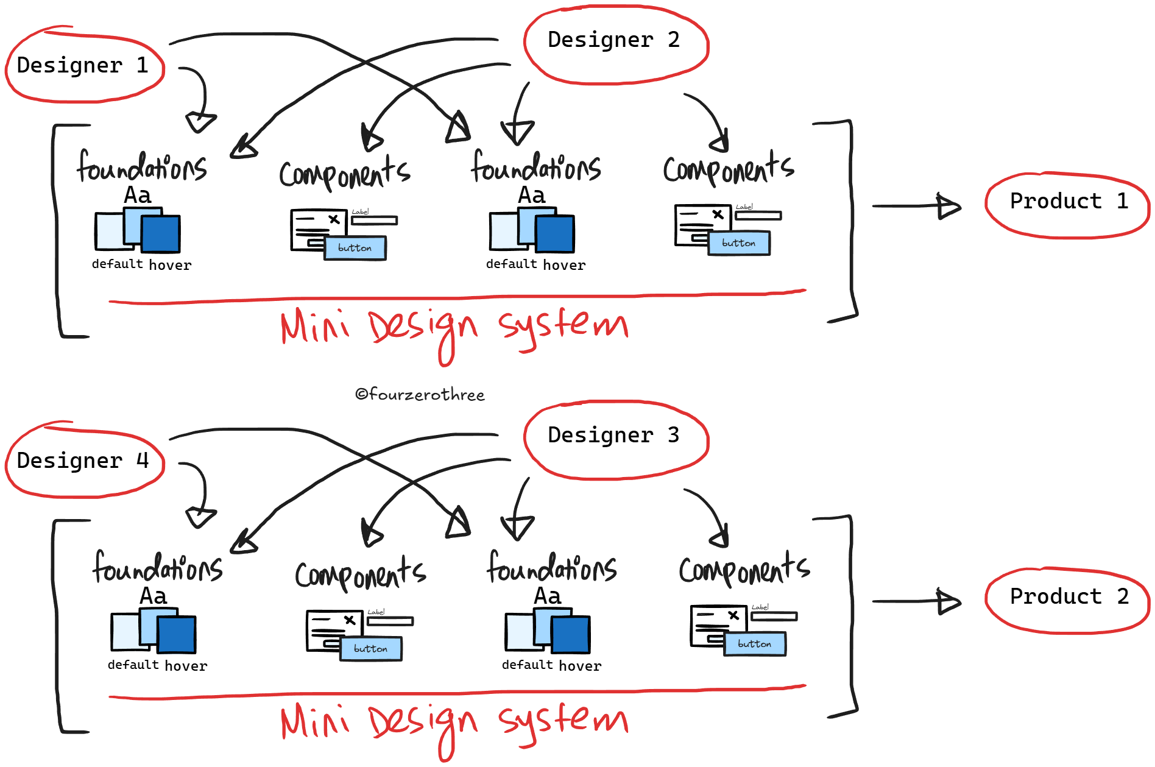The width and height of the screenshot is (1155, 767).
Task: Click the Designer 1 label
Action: coord(82,65)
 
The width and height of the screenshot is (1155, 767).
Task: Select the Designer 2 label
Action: coord(613,40)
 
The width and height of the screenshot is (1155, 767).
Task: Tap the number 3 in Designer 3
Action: coord(673,435)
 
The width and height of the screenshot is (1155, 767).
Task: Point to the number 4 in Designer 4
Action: coord(143,461)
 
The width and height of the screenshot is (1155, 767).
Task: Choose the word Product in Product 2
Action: coord(1056,596)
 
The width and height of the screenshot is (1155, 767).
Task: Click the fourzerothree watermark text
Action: coord(426,395)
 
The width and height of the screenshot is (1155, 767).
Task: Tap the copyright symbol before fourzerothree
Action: coord(361,395)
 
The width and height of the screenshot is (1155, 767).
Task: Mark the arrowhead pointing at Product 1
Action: coord(948,206)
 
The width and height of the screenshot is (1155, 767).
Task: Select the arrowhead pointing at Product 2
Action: coord(948,601)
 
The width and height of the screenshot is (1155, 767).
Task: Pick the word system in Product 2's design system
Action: coord(563,721)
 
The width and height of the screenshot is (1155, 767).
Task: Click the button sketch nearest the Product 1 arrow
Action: coord(739,243)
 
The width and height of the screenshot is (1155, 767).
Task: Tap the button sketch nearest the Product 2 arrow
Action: coord(755,644)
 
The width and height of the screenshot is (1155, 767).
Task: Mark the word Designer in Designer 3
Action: coord(600,435)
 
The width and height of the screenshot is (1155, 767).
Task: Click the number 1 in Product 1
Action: coord(1122,201)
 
